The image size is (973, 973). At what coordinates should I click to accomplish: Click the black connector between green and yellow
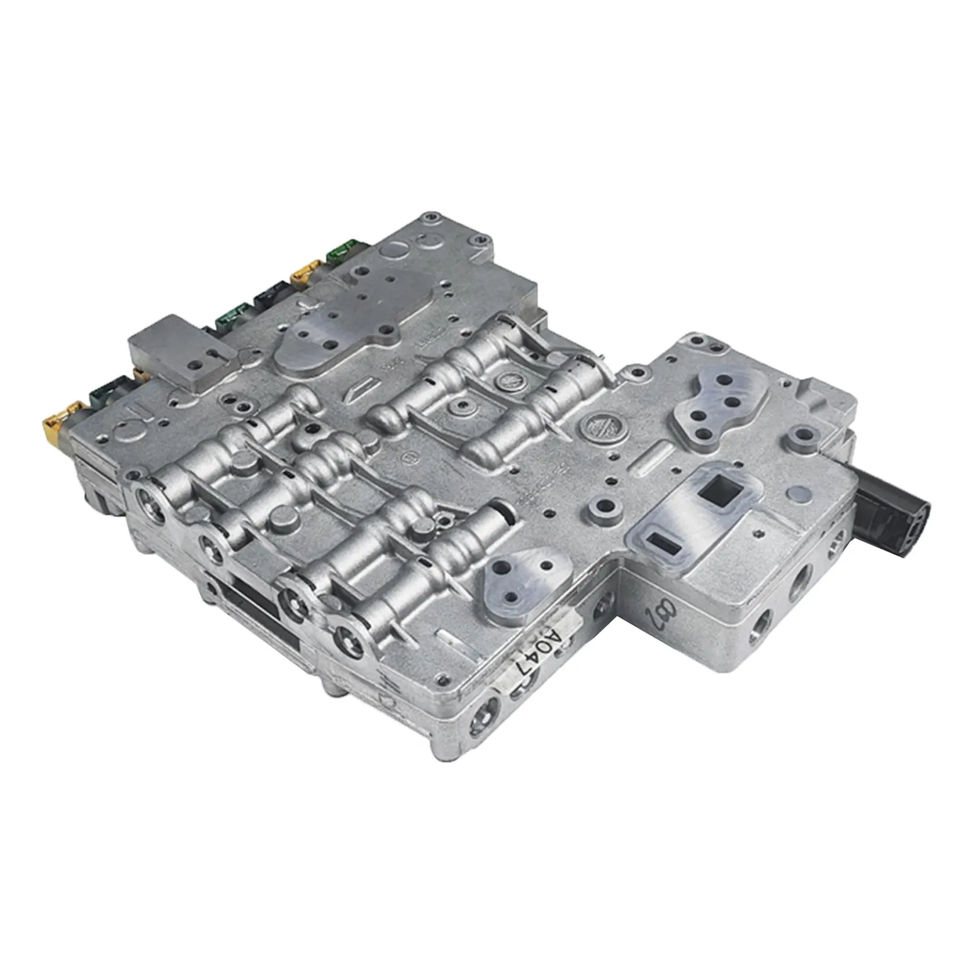271,294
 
